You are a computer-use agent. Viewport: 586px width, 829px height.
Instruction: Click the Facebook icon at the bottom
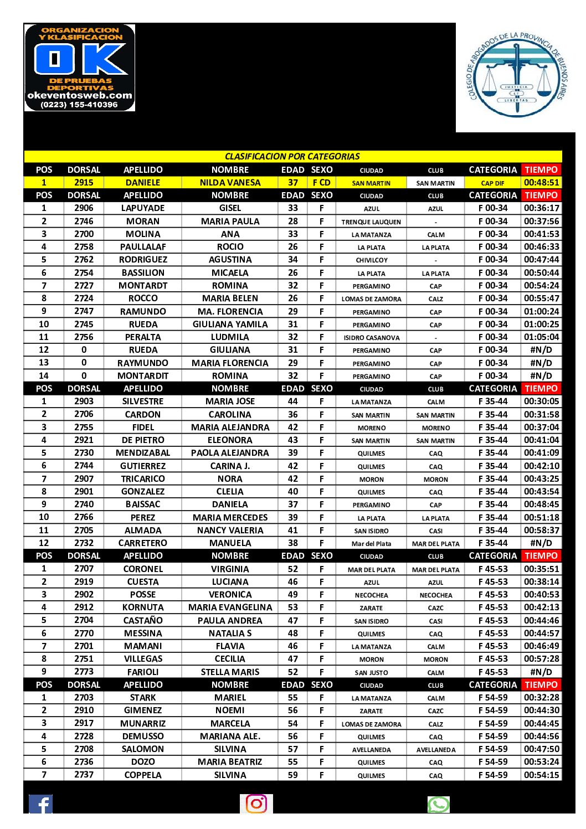point(40,804)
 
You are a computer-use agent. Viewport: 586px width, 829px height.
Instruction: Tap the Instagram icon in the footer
point(256,804)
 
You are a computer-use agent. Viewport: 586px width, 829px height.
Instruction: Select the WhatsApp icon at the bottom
point(438,804)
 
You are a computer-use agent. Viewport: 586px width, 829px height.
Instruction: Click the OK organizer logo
point(80,68)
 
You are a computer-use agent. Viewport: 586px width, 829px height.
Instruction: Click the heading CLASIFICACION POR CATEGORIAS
point(292,156)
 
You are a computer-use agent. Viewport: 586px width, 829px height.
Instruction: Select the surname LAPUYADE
point(143,208)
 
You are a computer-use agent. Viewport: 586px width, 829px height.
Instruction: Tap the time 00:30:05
point(541,401)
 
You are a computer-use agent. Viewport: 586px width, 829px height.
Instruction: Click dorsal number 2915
point(84,182)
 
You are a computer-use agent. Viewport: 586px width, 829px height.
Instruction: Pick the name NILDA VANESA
point(230,182)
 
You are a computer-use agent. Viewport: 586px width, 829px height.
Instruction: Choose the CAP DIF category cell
point(492,183)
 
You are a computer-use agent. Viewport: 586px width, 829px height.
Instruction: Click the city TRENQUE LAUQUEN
point(371,222)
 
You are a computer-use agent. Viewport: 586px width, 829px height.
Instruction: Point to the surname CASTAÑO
point(143,620)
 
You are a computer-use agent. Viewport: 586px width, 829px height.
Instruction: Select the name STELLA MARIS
point(230,672)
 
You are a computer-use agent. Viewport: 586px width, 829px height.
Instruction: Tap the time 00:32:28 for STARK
point(541,698)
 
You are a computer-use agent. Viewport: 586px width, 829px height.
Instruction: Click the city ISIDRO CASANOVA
point(371,337)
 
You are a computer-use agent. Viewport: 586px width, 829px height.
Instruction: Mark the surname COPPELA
point(143,775)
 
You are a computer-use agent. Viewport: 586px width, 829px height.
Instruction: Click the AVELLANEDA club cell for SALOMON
point(436,749)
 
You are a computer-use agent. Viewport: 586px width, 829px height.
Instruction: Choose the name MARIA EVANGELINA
point(230,607)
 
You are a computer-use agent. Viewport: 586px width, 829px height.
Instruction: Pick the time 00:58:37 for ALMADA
point(541,530)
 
